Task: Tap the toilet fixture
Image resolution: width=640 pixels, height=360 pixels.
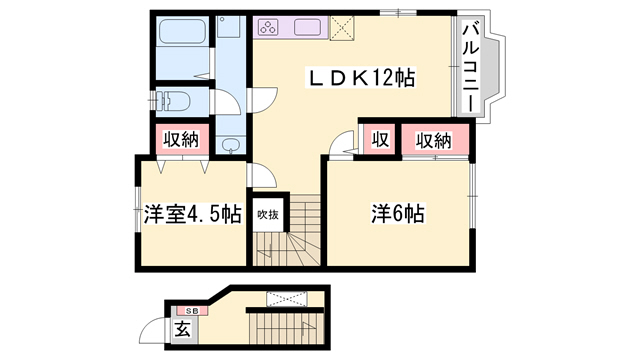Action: coord(174,101)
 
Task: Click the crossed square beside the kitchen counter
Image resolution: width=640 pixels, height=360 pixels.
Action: coord(343,28)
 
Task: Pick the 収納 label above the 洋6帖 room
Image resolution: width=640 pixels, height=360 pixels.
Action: coord(433,139)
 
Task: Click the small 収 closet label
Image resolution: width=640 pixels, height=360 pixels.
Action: coord(380,139)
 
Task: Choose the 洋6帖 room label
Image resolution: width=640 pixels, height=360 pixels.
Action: coord(398,213)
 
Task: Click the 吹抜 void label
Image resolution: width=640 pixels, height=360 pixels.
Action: coord(266,213)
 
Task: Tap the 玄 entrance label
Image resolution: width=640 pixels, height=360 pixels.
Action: coord(182,327)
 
